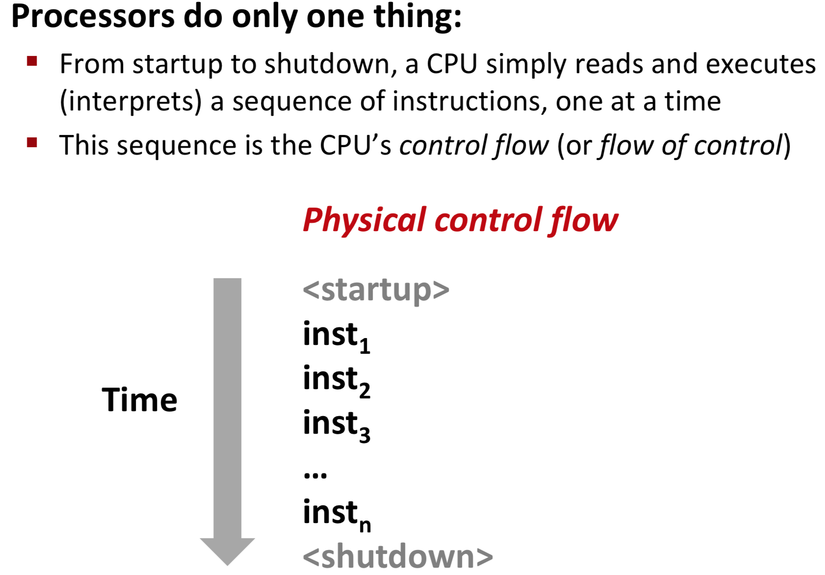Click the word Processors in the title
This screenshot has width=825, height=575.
(x=93, y=17)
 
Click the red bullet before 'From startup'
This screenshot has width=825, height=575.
(x=32, y=61)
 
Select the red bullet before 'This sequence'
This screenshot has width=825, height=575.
(x=32, y=143)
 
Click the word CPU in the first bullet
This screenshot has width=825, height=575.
(x=452, y=64)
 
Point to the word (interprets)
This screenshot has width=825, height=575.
(x=130, y=102)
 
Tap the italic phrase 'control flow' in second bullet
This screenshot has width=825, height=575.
(x=474, y=146)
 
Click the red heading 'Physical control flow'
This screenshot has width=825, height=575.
(x=460, y=220)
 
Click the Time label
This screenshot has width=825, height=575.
(x=139, y=400)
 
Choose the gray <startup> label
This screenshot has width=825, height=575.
(x=376, y=289)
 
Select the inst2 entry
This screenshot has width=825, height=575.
(x=336, y=380)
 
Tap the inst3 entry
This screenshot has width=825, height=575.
(x=336, y=424)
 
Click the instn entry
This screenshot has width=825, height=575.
(x=336, y=514)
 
